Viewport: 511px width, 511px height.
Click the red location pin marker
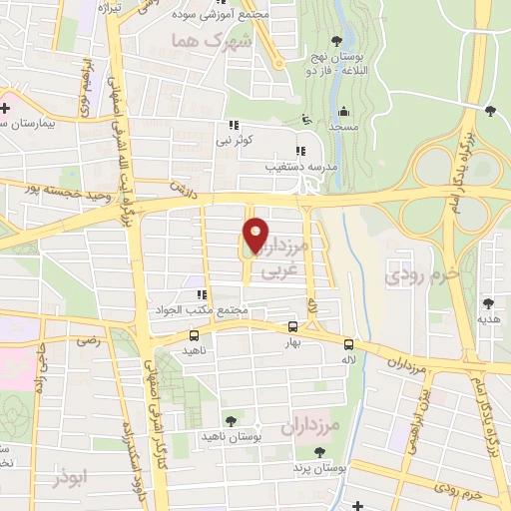(x=255, y=234)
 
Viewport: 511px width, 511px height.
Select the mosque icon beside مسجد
(x=343, y=112)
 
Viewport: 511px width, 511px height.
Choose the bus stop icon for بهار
(x=292, y=326)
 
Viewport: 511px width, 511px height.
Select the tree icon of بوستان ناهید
(x=232, y=421)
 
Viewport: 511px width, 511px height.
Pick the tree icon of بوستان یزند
(x=319, y=452)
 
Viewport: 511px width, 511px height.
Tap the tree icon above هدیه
(x=489, y=302)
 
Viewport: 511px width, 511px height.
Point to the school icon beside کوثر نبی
(x=234, y=126)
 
